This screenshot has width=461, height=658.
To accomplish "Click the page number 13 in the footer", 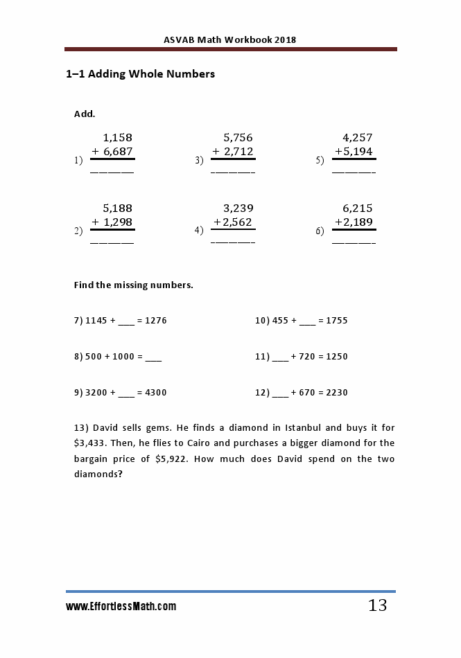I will [x=377, y=606].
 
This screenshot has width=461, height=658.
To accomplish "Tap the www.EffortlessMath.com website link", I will [x=121, y=607].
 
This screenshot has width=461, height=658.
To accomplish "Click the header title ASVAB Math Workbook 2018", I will [x=230, y=39].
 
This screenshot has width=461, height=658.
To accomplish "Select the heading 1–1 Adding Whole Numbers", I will [x=140, y=74].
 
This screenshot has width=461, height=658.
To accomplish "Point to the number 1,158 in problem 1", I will [x=117, y=137].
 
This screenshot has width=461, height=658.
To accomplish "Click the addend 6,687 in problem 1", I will [x=118, y=151].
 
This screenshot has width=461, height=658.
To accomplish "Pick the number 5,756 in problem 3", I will [x=238, y=137].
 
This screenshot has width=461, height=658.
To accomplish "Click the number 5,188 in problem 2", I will [x=117, y=208].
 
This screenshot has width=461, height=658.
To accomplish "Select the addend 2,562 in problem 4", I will [x=237, y=222].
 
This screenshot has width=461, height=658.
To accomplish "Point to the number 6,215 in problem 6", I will [x=358, y=208].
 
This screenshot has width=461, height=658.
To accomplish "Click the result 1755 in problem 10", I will [x=336, y=321].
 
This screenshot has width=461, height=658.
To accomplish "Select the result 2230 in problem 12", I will [x=336, y=393].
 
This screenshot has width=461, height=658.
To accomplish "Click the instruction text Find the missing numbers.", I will [x=134, y=285].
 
